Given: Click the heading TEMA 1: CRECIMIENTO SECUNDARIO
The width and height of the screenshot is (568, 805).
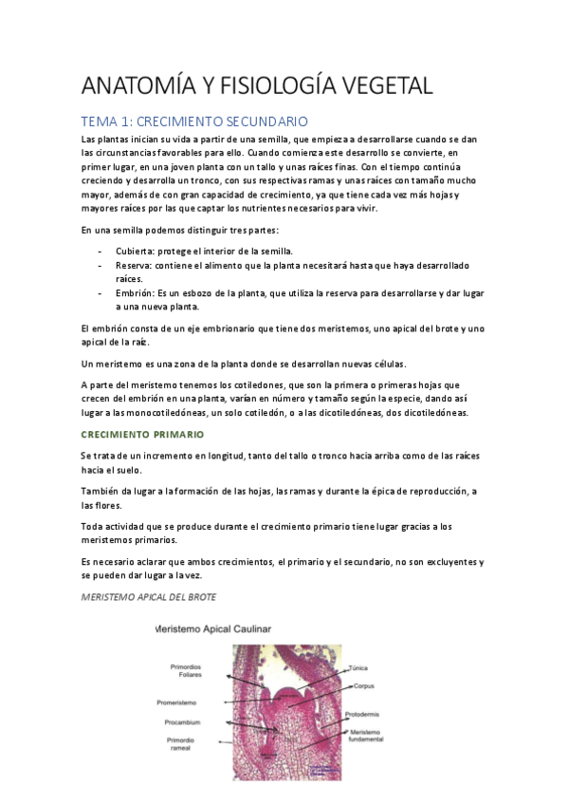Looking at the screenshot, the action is [195, 122].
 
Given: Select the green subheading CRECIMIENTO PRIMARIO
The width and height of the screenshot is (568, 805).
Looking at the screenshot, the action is [142, 434].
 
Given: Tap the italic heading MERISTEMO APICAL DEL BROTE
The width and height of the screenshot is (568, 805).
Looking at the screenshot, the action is [149, 597].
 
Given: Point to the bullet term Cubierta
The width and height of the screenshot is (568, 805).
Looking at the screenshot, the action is [135, 251].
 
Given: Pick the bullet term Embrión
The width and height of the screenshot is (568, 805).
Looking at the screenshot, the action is [135, 293].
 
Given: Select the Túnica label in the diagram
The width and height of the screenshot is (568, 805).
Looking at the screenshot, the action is [357, 667].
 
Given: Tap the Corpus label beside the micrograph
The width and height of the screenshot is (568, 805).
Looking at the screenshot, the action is [364, 686].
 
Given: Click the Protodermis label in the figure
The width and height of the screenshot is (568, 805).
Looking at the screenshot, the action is [365, 715].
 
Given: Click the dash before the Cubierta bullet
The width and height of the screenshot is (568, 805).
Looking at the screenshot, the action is [101, 251].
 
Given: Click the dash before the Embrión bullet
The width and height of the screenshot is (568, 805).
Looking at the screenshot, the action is [101, 293].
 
